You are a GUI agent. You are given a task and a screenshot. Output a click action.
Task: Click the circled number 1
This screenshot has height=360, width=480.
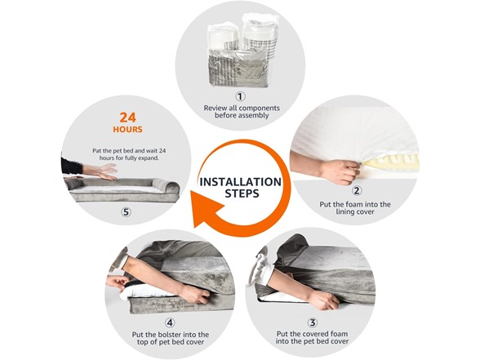click(x=240, y=96)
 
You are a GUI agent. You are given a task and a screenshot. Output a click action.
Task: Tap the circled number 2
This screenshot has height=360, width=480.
click(x=356, y=191)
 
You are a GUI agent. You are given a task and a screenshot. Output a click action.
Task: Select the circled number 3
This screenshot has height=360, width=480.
click(x=312, y=322)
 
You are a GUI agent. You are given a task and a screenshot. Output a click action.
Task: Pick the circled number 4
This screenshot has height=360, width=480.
click(x=170, y=322)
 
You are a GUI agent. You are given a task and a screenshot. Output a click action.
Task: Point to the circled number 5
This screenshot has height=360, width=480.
click(x=126, y=212)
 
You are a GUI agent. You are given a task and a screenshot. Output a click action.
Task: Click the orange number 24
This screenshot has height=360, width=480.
click(x=127, y=118)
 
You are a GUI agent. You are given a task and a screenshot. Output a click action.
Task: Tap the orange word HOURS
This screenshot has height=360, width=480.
click(x=127, y=130)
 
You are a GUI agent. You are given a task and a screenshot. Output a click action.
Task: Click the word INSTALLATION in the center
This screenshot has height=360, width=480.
click(x=240, y=182)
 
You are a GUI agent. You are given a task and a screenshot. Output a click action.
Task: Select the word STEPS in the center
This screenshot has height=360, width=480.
click(x=242, y=193)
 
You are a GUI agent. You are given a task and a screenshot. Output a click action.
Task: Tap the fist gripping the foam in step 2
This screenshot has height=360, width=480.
click(x=340, y=171)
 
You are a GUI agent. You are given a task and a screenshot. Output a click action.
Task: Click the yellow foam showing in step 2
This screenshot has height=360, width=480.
click(x=392, y=162)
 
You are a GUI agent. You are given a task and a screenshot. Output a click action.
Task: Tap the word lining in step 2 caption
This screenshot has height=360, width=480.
click(x=345, y=212)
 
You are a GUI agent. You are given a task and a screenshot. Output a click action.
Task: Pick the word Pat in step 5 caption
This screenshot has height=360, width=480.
click(x=96, y=151)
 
